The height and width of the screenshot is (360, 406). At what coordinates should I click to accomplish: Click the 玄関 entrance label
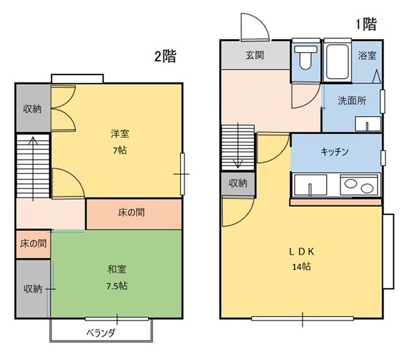pyautogui.click(x=255, y=55)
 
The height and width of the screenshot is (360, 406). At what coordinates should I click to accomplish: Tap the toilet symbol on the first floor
pyautogui.click(x=305, y=57)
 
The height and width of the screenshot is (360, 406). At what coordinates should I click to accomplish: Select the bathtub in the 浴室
pyautogui.click(x=337, y=62)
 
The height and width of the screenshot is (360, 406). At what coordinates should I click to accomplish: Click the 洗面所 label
pyautogui.click(x=352, y=101)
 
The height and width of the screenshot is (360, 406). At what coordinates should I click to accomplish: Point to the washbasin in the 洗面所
pyautogui.click(x=368, y=124)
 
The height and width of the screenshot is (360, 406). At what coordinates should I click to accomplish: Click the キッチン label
pyautogui.click(x=335, y=152)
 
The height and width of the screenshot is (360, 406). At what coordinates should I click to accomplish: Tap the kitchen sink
pyautogui.click(x=310, y=185)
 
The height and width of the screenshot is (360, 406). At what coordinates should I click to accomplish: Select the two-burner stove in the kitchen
pyautogui.click(x=358, y=185)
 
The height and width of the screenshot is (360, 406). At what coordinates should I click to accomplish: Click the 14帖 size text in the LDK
pyautogui.click(x=302, y=267)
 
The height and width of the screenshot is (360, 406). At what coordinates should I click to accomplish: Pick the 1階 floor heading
pyautogui.click(x=366, y=24)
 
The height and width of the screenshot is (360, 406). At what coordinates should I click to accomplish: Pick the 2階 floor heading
pyautogui.click(x=165, y=56)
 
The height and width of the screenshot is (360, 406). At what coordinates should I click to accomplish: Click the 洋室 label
pyautogui.click(x=120, y=134)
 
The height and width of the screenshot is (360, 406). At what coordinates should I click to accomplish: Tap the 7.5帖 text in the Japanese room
pyautogui.click(x=117, y=286)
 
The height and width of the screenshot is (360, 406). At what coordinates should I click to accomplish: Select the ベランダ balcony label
pyautogui.click(x=101, y=333)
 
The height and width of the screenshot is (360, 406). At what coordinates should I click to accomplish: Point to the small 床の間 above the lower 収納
pyautogui.click(x=33, y=244)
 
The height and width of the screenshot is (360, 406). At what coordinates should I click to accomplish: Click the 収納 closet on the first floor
pyautogui.click(x=238, y=183)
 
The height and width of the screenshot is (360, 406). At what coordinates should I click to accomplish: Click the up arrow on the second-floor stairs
pyautogui.click(x=33, y=169)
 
